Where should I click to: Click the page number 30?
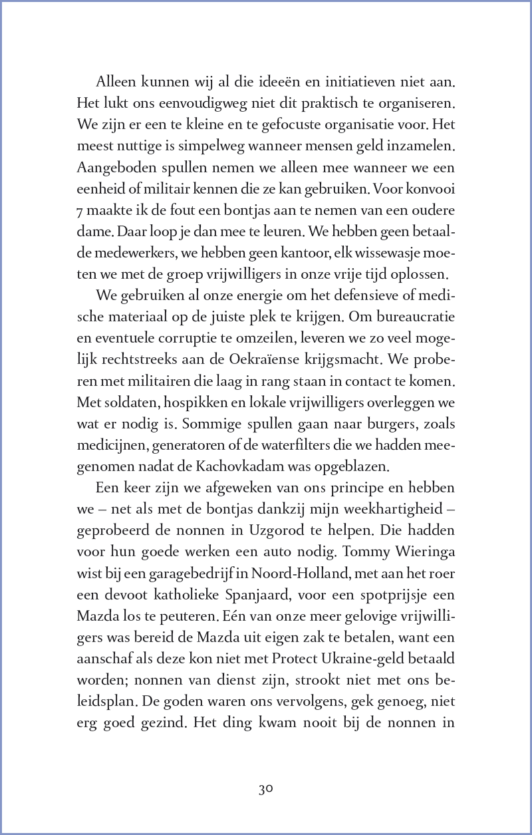[x=266, y=789]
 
